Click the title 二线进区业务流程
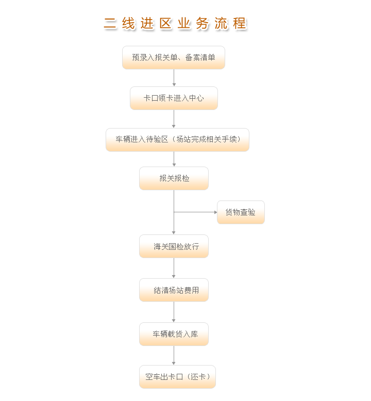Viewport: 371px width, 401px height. [x=175, y=24]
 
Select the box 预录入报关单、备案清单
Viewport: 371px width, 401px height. [x=174, y=58]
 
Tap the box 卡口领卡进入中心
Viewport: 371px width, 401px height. [x=174, y=98]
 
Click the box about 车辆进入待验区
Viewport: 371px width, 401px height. [x=177, y=140]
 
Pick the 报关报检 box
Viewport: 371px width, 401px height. [x=174, y=178]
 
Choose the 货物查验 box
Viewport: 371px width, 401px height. [x=241, y=212]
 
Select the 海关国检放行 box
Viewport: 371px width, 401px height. [x=174, y=246]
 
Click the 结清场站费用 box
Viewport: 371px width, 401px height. [x=174, y=290]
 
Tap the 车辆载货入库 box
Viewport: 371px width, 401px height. [x=174, y=334]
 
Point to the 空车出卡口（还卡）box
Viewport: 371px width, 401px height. [x=177, y=377]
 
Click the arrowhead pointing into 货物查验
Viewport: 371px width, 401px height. [x=215, y=212]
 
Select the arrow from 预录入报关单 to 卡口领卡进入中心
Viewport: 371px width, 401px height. [x=174, y=78]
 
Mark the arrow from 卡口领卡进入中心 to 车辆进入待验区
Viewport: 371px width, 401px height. [x=174, y=119]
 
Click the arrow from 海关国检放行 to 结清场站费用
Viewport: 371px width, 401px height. [x=174, y=268]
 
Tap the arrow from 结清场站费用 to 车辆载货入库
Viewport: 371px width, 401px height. [x=174, y=312]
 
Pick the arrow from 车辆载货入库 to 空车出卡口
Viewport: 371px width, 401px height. [x=174, y=355]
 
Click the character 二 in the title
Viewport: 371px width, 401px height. [x=110, y=24]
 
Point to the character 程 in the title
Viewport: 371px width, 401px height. [x=240, y=24]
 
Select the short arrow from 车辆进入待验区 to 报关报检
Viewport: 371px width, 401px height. [x=174, y=159]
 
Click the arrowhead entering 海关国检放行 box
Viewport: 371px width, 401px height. [x=174, y=233]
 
